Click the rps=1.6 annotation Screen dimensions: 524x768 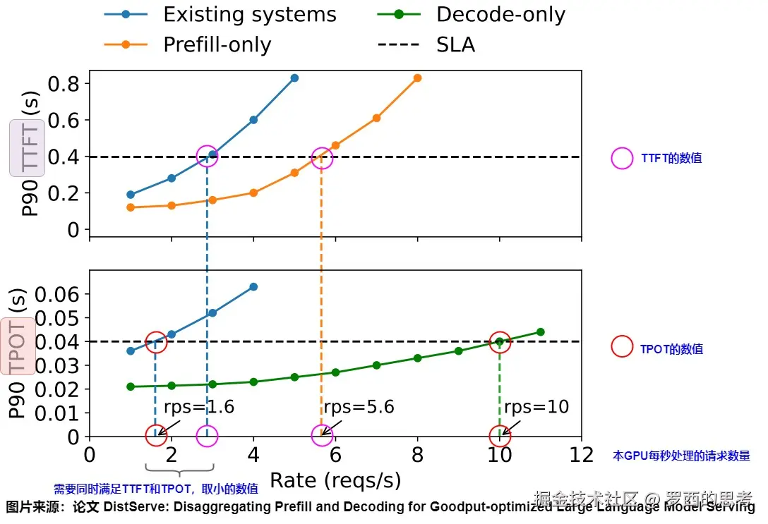tap(198, 407)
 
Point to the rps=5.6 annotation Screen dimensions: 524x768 tap(359, 407)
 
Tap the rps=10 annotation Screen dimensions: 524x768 tap(536, 407)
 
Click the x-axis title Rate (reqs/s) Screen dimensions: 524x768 tap(335, 480)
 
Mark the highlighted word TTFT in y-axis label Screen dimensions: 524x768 tap(28, 147)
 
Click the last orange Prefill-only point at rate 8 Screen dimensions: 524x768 tap(417, 78)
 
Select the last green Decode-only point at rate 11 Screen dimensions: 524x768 tap(541, 332)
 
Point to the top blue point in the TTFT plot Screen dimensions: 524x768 tap(294, 78)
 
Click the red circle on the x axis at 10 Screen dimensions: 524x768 tap(500, 436)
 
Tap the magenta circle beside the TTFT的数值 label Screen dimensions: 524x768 tap(622, 159)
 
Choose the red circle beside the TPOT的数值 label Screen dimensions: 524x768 tap(622, 346)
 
